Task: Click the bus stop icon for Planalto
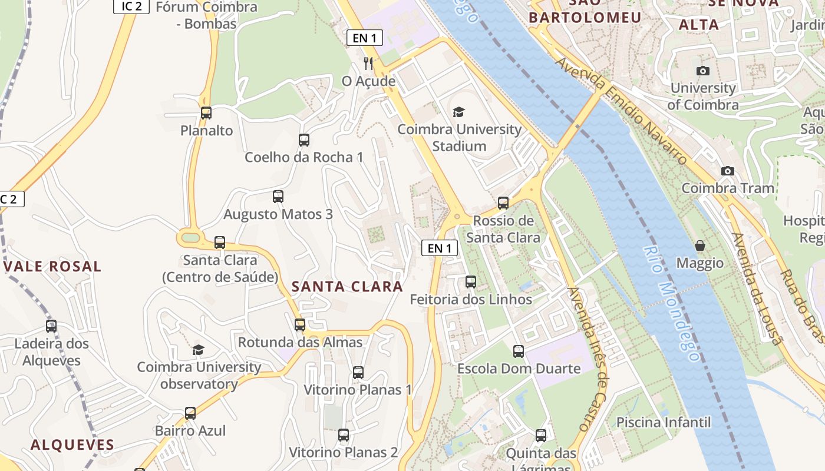tap(206, 113)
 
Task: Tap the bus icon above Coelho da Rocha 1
tap(304, 140)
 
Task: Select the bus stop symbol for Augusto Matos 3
tap(278, 197)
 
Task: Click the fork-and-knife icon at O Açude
tap(369, 63)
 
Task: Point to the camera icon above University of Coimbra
tap(703, 71)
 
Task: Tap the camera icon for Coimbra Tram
tap(728, 171)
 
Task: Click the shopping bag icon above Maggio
tap(700, 246)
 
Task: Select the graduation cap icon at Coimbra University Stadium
tap(458, 112)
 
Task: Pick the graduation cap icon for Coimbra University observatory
tap(199, 350)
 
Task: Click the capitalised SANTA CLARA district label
tap(348, 287)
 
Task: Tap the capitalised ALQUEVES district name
tap(72, 445)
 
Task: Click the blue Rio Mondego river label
tap(671, 303)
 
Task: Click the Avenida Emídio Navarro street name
tap(622, 111)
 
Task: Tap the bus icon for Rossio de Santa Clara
tap(503, 203)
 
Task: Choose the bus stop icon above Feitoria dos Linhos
tap(471, 282)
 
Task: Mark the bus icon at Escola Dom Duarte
tap(519, 351)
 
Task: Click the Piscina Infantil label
tap(664, 422)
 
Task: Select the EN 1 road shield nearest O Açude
tap(364, 38)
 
